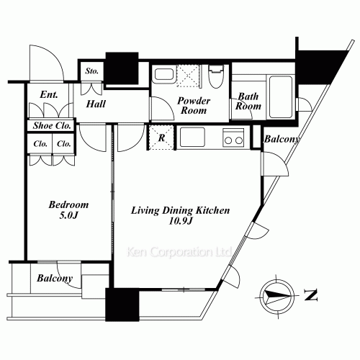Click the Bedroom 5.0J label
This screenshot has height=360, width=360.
(64, 209)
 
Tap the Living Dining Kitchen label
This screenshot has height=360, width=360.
(180, 215)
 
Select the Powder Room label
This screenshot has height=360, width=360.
(192, 106)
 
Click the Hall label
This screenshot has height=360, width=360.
(96, 104)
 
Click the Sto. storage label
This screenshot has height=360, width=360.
(91, 71)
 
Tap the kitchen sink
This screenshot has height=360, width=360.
(192, 136)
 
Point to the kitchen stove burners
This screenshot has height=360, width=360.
(233, 137)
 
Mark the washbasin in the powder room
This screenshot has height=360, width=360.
(163, 74)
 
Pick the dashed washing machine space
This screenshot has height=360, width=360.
(188, 76)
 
